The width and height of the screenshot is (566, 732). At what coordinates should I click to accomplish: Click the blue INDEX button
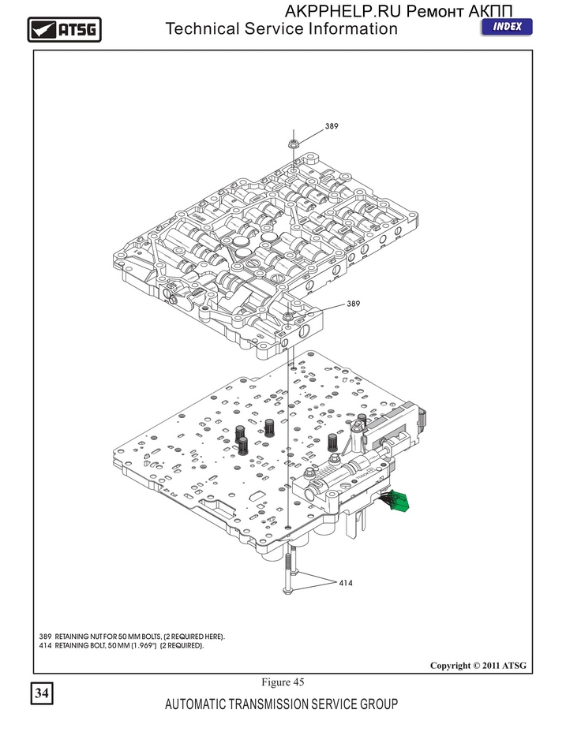[507, 27]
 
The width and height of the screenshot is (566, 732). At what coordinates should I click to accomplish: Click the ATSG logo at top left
[65, 29]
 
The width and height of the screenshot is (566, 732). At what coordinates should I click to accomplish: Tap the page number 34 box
[42, 693]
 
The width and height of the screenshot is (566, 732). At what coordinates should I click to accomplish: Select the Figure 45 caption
[283, 682]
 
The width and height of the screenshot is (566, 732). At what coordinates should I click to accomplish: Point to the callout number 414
[346, 583]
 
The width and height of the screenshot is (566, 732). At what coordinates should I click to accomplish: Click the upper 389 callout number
[332, 126]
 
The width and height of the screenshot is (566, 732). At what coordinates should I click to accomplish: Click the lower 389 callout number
[354, 304]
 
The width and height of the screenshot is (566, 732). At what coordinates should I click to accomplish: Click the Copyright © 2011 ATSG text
[478, 666]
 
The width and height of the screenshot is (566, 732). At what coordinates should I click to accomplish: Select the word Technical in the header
[202, 28]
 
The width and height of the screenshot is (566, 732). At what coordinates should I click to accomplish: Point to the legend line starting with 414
[122, 646]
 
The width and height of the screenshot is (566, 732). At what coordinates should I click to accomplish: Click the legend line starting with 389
[132, 637]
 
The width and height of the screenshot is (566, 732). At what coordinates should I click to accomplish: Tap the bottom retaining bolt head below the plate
[287, 592]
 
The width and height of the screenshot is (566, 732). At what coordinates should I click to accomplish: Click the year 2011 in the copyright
[491, 666]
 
